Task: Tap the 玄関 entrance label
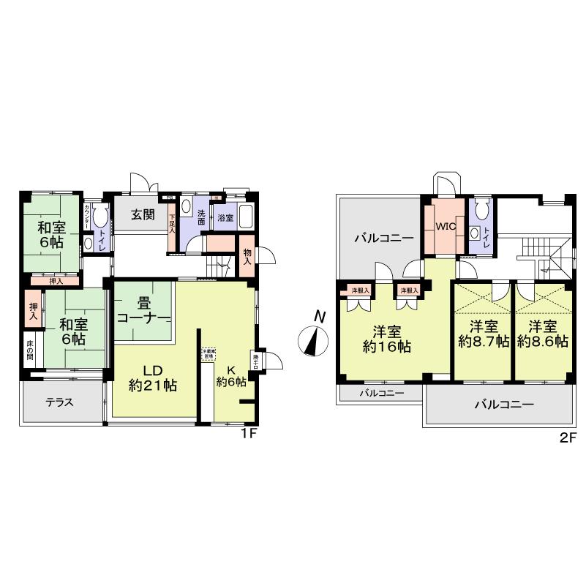[143, 215]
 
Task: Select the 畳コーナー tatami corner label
[143, 311]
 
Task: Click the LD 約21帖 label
[153, 377]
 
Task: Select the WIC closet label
[446, 227]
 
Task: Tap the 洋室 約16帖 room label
[386, 338]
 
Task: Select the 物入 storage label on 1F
[247, 256]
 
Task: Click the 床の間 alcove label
[29, 354]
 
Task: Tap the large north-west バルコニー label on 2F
[383, 238]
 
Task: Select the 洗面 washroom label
[201, 217]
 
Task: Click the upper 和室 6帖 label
[51, 233]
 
